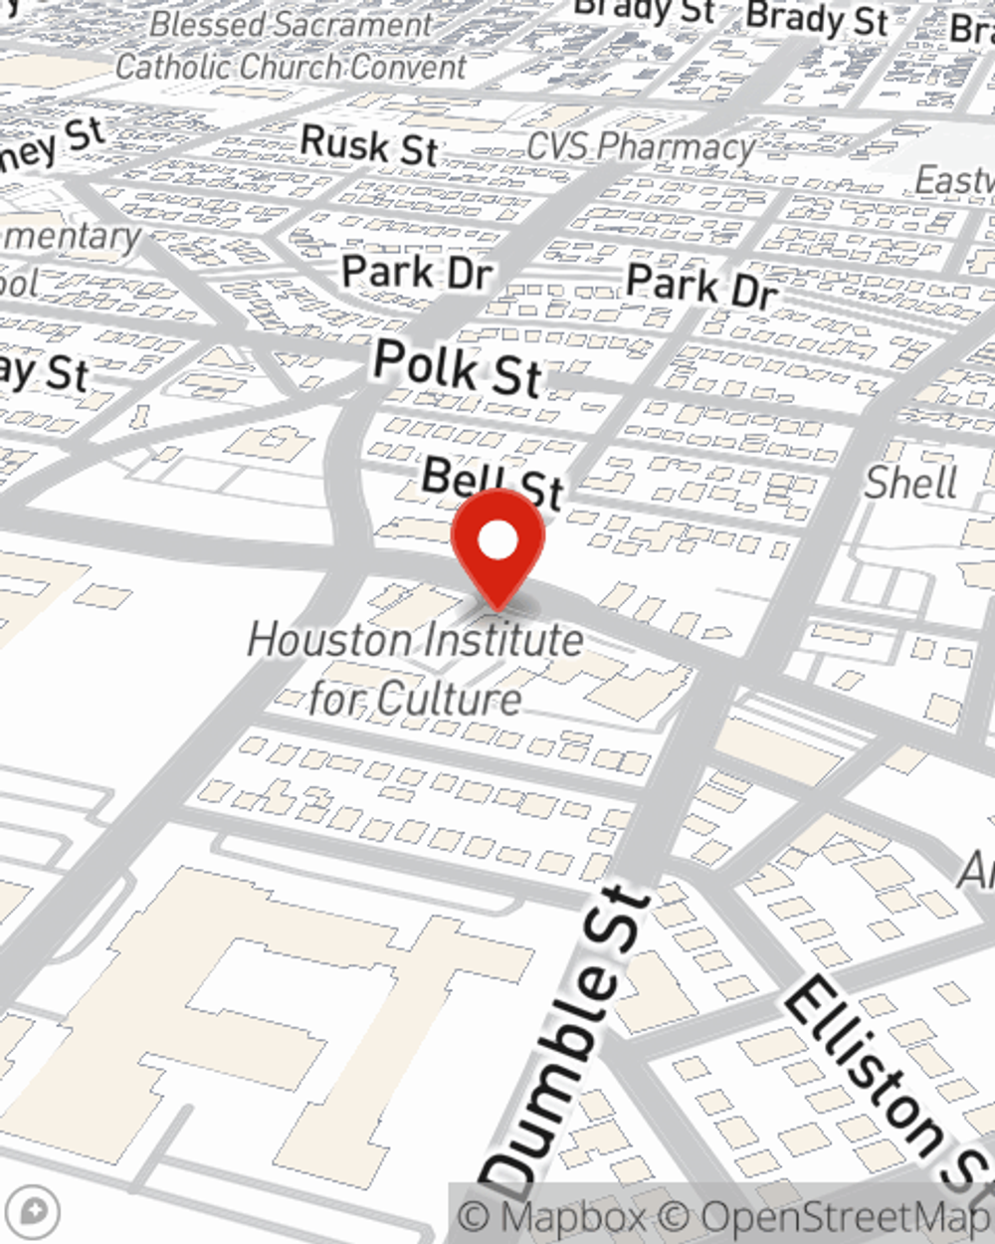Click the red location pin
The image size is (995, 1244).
click(x=497, y=543)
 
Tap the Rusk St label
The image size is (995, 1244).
click(x=369, y=145)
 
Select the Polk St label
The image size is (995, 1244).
click(x=458, y=367)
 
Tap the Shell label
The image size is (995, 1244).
click(x=909, y=483)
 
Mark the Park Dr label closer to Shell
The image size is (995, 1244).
click(x=701, y=286)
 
